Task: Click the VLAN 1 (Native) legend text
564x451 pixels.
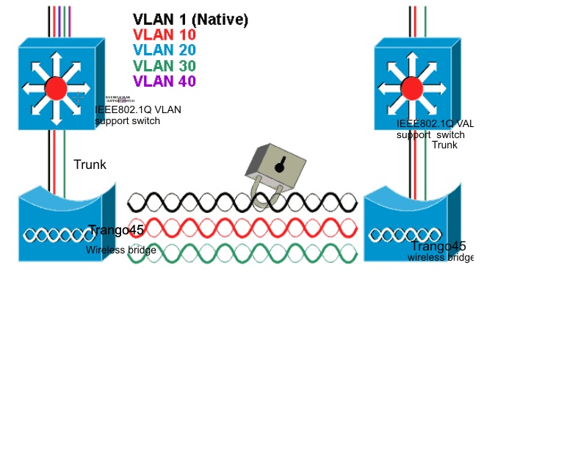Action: [x=190, y=20]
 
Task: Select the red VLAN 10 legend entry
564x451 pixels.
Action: [x=164, y=35]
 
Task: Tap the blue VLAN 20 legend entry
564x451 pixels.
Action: [x=164, y=51]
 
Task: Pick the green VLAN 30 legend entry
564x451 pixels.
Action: [x=164, y=66]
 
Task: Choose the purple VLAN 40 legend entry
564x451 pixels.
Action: [x=164, y=82]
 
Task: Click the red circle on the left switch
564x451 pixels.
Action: [x=56, y=88]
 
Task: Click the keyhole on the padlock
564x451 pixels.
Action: [x=279, y=167]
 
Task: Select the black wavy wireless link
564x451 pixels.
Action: [x=242, y=201]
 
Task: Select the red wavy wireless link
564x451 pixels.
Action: [x=242, y=227]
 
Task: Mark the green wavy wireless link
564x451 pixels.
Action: [x=242, y=253]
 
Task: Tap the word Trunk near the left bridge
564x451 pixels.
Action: [x=90, y=165]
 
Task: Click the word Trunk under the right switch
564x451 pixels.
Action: [x=444, y=145]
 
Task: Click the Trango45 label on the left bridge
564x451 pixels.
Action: [x=116, y=231]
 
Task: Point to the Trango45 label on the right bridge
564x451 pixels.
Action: [x=438, y=246]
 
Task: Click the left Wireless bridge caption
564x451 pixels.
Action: [x=120, y=250]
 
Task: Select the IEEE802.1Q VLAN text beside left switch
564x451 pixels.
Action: [x=137, y=110]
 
